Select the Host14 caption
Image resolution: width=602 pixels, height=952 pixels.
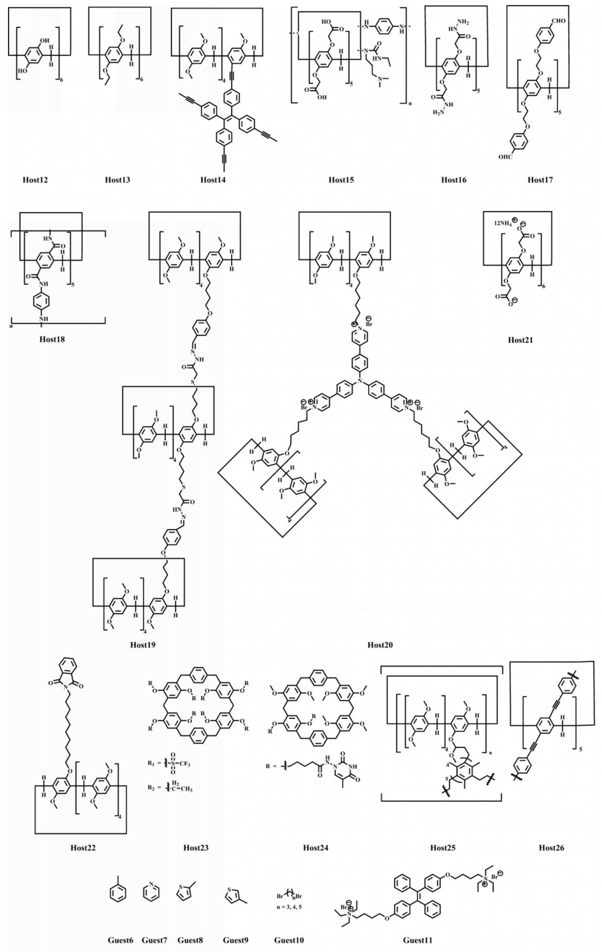coord(213,180)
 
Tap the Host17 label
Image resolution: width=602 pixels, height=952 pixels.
coord(540,180)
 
